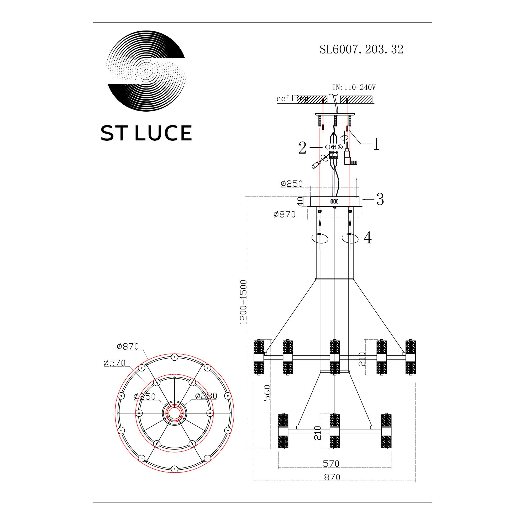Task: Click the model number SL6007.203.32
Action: click(x=361, y=49)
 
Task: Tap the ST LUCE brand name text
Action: click(x=146, y=133)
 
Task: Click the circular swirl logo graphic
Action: click(x=146, y=71)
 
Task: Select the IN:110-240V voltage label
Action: click(x=354, y=87)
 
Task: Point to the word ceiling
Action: click(x=292, y=98)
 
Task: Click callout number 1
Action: click(x=376, y=144)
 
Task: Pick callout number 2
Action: click(x=302, y=148)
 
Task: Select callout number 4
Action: click(x=368, y=238)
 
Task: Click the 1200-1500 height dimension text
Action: click(x=244, y=302)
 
